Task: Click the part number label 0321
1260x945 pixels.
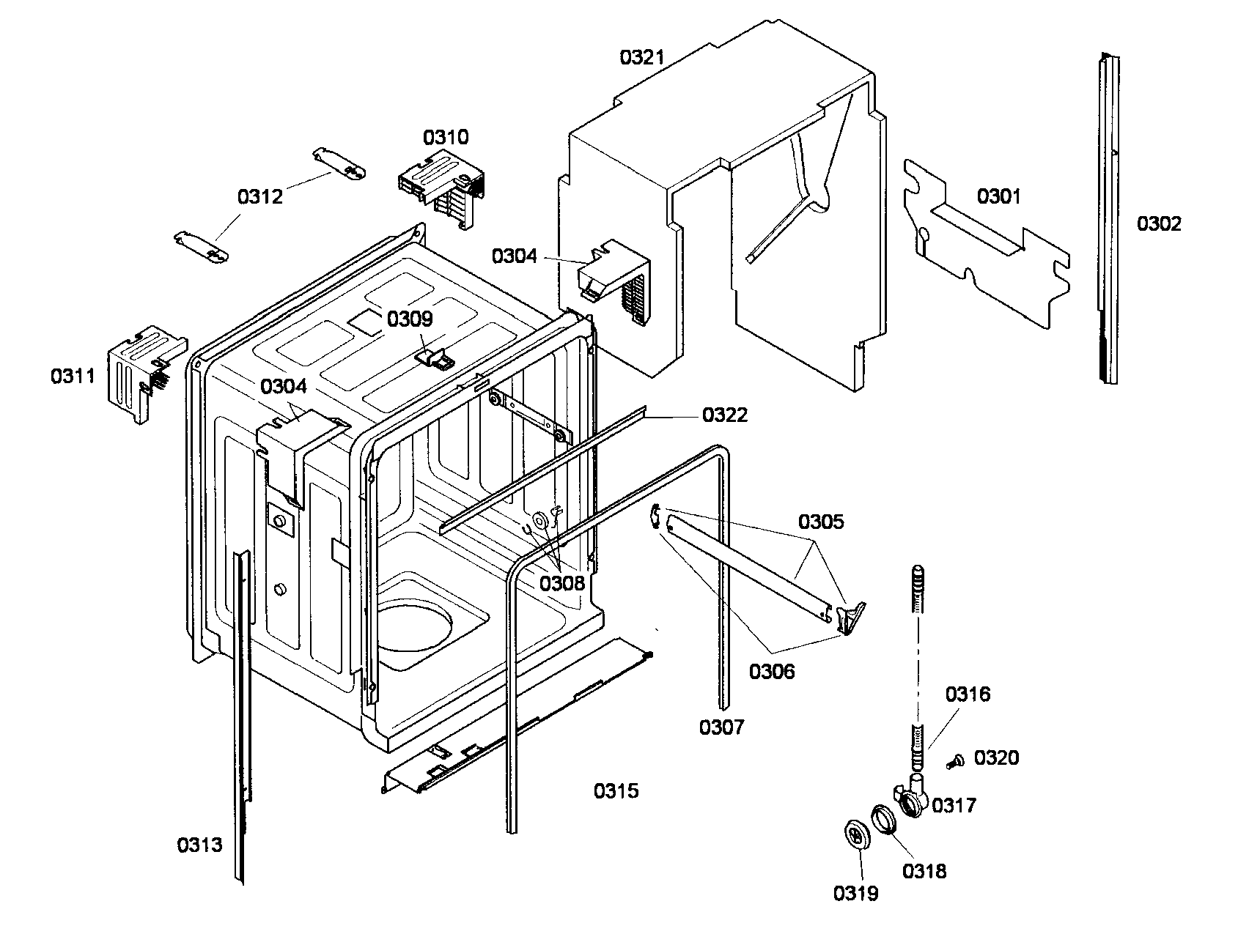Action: click(x=641, y=57)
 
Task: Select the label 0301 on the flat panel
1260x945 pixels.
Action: click(x=998, y=196)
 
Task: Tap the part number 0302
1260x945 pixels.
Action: click(x=1159, y=223)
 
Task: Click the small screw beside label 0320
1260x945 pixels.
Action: click(x=954, y=762)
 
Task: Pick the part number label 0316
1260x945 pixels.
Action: click(x=967, y=694)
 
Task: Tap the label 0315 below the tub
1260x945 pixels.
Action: click(x=616, y=790)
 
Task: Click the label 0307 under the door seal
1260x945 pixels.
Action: click(x=721, y=727)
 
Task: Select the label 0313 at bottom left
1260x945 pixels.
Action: click(x=199, y=845)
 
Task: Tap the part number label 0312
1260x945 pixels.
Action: click(x=259, y=196)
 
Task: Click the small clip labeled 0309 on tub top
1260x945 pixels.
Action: click(x=433, y=357)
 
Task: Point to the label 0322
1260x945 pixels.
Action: click(x=724, y=415)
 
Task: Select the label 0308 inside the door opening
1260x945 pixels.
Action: click(x=562, y=583)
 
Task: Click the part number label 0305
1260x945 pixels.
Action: click(x=820, y=522)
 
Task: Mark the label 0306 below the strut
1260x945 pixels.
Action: click(x=771, y=670)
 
